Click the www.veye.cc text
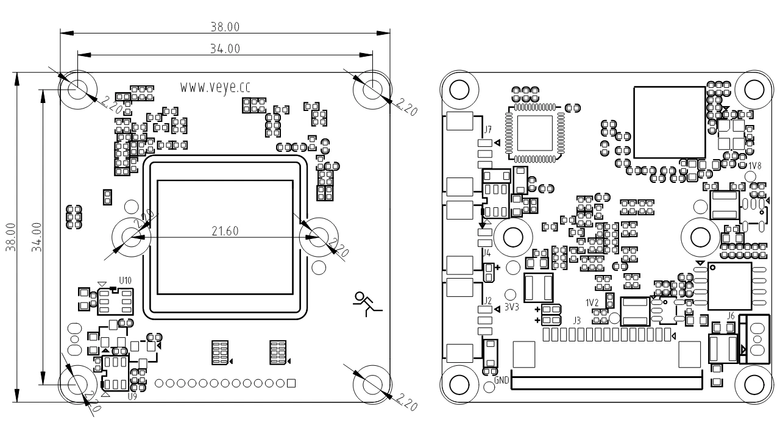pos(215,87)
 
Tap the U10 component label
pos(125,280)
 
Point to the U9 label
pos(132,396)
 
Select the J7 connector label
pos(487,129)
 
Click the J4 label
pos(487,252)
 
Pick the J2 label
pos(487,301)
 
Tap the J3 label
pos(576,319)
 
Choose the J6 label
pos(731,315)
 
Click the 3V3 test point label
pos(511,307)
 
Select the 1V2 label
pos(592,302)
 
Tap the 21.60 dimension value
pos(225,230)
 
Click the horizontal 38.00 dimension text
pos(225,27)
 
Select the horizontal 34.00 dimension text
pos(225,49)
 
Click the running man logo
pos(367,304)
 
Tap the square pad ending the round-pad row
pos(291,383)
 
